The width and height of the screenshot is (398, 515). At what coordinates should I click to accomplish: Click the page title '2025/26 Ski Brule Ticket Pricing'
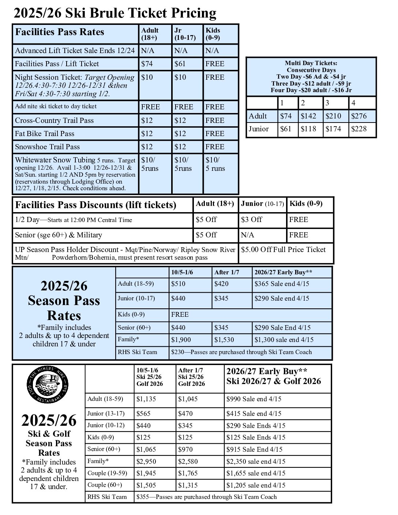(x=115, y=13)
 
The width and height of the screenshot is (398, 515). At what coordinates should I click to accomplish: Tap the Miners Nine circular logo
(x=48, y=384)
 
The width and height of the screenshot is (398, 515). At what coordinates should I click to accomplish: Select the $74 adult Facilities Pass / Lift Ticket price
(x=147, y=64)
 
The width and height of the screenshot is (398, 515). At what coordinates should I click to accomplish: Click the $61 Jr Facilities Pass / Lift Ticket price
(x=180, y=64)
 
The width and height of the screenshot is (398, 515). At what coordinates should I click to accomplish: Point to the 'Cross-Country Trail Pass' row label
(x=54, y=120)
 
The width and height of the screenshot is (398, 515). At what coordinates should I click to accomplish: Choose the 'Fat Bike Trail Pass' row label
(x=45, y=134)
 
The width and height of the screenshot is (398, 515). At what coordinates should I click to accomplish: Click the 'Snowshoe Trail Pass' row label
(x=47, y=147)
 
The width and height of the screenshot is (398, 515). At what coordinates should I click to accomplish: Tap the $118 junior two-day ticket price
(x=308, y=129)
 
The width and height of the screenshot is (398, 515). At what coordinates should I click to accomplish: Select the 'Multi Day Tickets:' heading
(x=311, y=63)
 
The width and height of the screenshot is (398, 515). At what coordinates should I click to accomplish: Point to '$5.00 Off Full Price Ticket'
(x=283, y=249)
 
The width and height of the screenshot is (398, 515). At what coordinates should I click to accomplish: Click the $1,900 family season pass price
(x=181, y=339)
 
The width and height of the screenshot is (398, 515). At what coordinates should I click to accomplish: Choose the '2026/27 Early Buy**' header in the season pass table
(x=283, y=272)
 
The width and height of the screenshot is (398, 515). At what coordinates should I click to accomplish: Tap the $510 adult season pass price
(x=178, y=283)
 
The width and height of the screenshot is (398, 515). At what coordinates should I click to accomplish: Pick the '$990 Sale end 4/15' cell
(x=254, y=399)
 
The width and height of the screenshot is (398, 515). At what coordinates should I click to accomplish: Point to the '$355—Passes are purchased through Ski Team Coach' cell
(x=206, y=497)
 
